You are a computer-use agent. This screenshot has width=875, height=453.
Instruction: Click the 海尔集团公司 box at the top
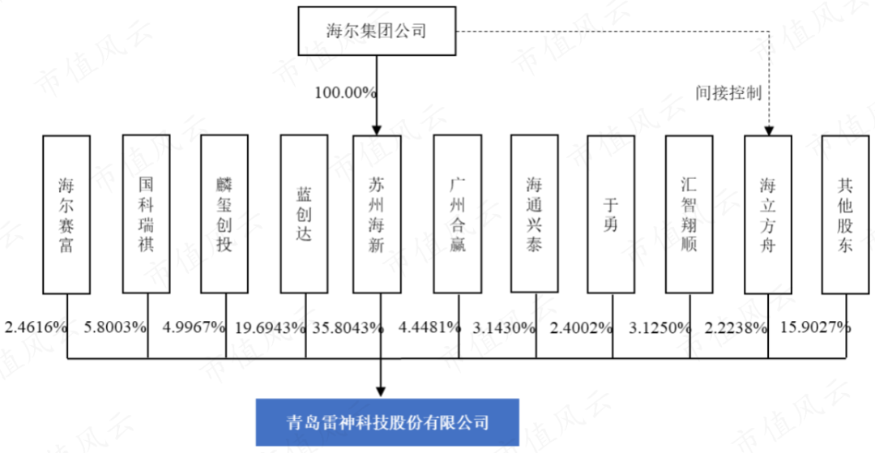(377, 31)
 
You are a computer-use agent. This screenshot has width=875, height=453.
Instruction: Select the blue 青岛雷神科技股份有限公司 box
(387, 421)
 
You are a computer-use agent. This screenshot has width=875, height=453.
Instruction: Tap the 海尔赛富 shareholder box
(66, 214)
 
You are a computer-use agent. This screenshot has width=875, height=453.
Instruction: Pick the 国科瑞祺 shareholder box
(146, 214)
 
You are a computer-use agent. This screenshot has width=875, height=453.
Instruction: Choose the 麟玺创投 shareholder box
(224, 214)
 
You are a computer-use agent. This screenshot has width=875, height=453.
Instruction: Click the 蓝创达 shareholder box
(304, 214)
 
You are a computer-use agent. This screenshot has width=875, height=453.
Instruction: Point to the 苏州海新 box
(377, 214)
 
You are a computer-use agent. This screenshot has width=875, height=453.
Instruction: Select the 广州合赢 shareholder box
(458, 214)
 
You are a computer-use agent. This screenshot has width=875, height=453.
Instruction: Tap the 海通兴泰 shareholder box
(535, 214)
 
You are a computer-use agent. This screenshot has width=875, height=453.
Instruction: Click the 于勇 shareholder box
(611, 214)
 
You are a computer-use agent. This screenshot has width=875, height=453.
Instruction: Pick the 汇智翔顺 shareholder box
(689, 214)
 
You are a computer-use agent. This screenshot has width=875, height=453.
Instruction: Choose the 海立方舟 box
(768, 214)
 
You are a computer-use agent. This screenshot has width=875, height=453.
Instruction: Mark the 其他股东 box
(845, 214)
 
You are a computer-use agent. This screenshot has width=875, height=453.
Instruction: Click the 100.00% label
(346, 92)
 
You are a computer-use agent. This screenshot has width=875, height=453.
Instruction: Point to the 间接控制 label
(728, 92)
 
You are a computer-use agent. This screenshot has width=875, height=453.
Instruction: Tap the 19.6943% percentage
(271, 327)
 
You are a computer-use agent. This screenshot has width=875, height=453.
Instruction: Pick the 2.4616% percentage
(36, 327)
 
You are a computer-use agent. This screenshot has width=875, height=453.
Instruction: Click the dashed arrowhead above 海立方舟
(768, 130)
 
